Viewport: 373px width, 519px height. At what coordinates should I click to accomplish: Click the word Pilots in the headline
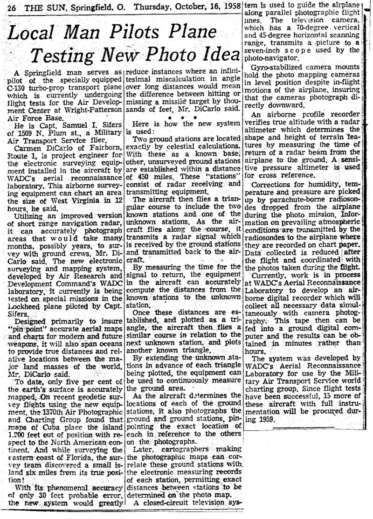tap(121, 34)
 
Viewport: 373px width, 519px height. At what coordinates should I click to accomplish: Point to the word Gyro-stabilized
tap(281, 66)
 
